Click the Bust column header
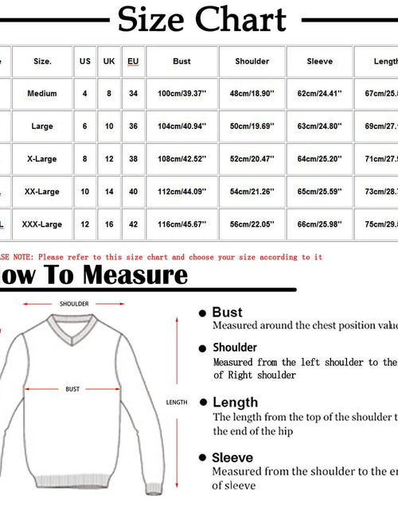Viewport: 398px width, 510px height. (181, 61)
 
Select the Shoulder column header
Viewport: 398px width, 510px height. (252, 61)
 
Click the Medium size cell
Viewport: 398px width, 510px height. (42, 94)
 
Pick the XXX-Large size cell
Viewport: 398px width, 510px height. (42, 224)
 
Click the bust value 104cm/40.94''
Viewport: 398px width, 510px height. (181, 127)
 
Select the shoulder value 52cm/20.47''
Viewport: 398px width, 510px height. (252, 159)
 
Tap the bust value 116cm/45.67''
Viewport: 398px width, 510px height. (181, 224)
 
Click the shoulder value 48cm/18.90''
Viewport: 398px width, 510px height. (252, 94)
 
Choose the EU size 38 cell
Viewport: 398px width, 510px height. (134, 159)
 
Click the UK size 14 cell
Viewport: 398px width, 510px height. (109, 192)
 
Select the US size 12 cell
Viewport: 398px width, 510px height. (85, 224)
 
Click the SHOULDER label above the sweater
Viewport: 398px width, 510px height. (74, 304)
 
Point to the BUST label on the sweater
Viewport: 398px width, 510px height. (72, 390)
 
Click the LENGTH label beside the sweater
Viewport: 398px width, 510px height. (177, 403)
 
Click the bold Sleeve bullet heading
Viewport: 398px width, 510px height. (232, 457)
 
